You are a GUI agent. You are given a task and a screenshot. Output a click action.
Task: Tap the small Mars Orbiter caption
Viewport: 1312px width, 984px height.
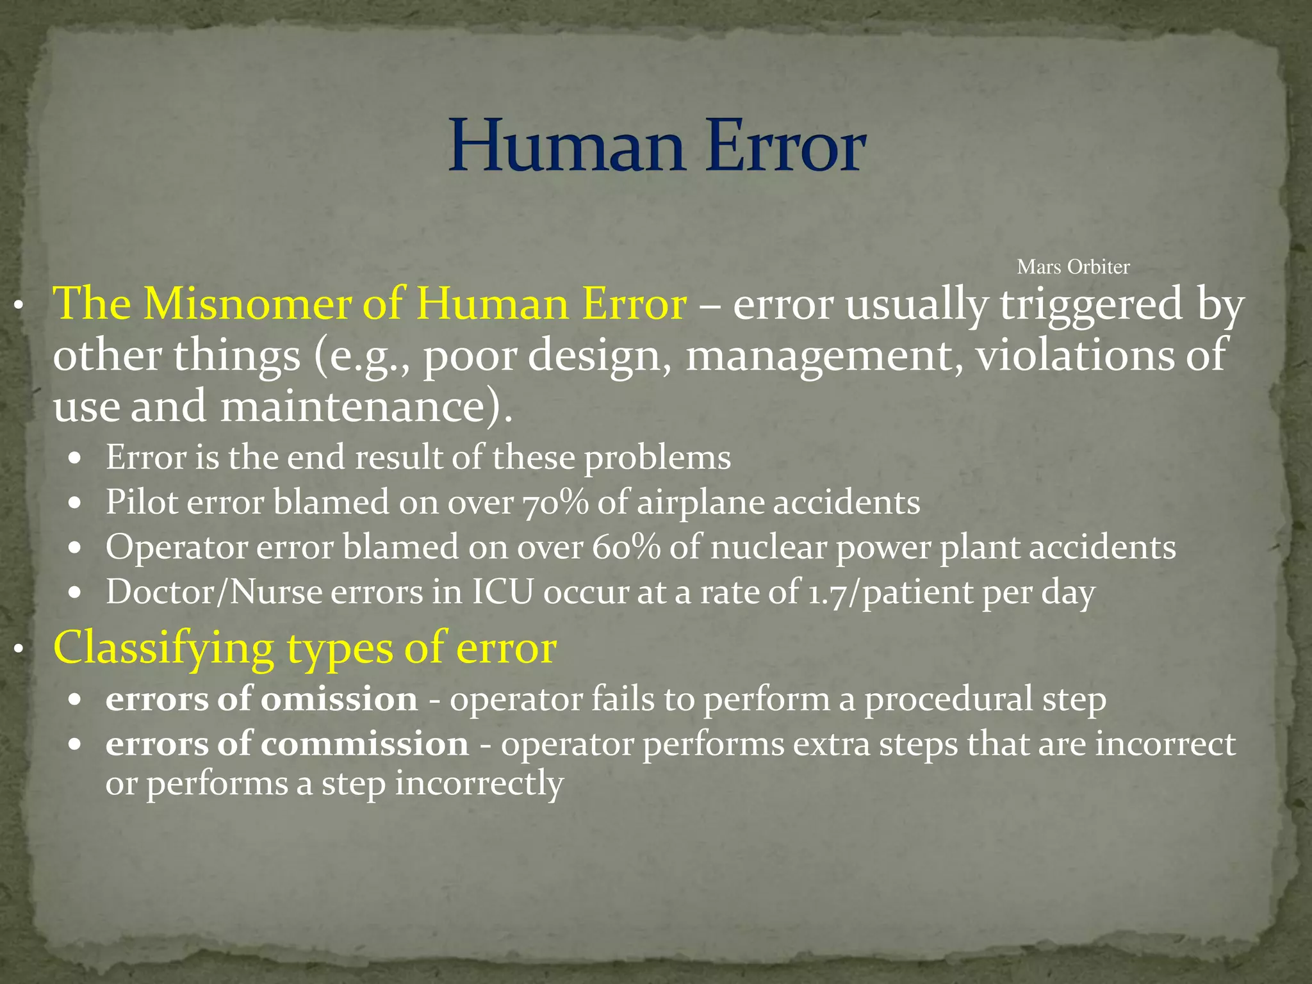click(x=1073, y=267)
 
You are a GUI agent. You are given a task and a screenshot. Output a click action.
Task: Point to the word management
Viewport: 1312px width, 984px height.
click(x=824, y=355)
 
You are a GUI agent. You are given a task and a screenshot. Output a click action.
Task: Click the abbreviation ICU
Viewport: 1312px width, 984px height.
click(x=503, y=592)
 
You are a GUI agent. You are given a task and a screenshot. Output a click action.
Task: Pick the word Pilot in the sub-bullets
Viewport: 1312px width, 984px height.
click(x=142, y=502)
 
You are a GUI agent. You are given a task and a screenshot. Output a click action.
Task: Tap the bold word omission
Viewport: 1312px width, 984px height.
click(x=339, y=699)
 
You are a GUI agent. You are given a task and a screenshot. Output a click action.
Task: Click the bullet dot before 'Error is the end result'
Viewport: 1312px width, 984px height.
click(x=76, y=459)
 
